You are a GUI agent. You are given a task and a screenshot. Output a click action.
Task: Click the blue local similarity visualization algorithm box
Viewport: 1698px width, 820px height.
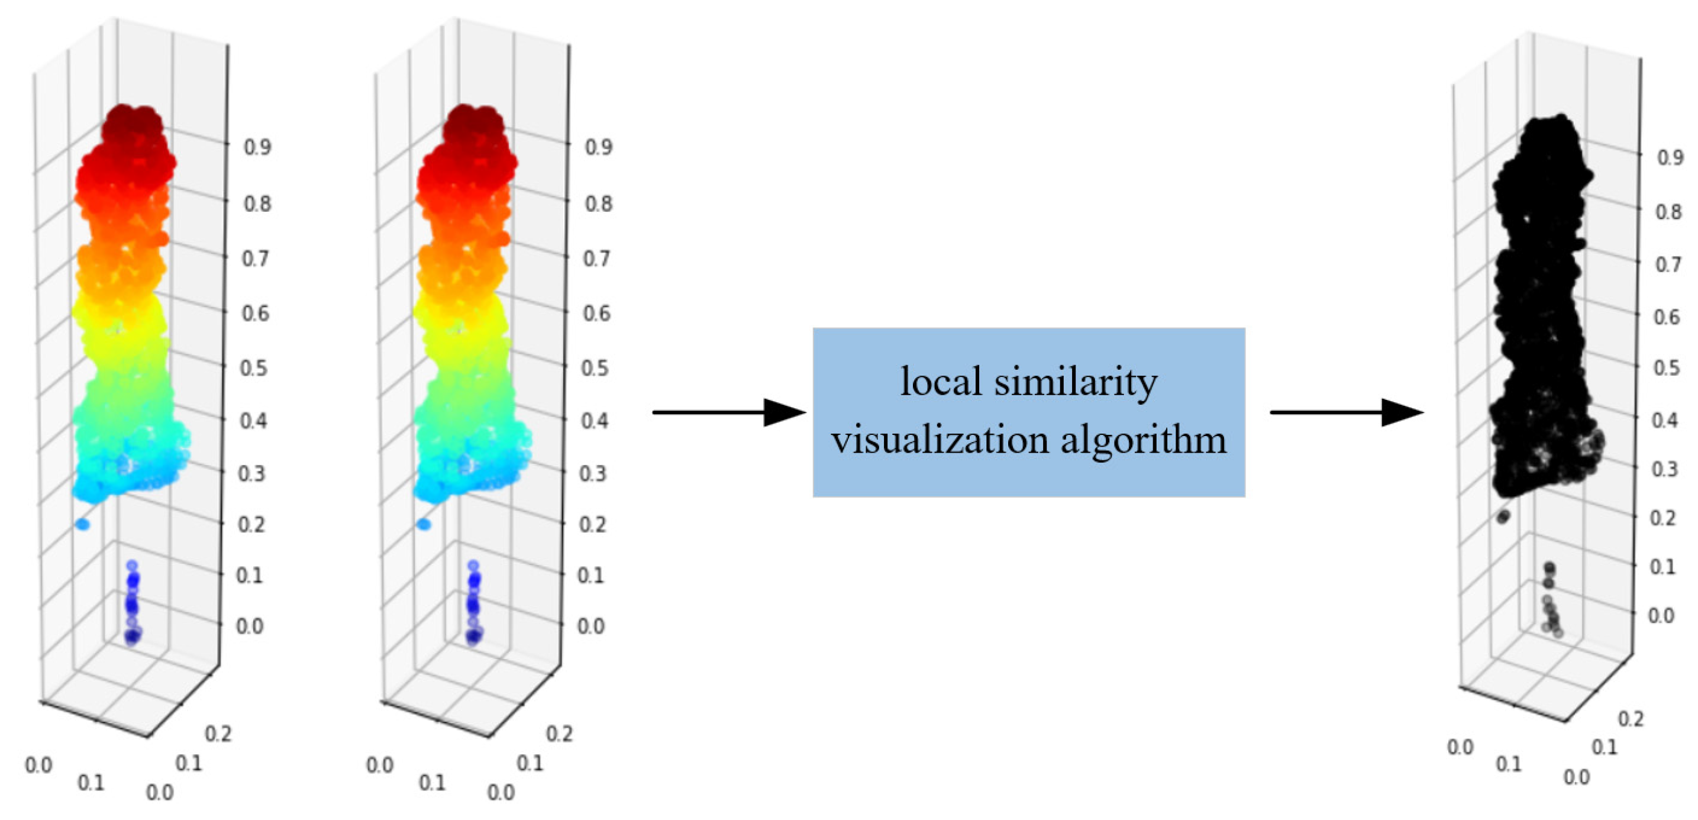click(1028, 412)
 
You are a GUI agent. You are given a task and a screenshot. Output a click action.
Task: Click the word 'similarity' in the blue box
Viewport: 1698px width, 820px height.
click(1075, 382)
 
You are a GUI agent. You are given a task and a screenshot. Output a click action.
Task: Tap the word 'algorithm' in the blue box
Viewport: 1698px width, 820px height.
click(1144, 440)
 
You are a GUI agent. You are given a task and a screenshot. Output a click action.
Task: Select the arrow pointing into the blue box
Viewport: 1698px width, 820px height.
click(728, 412)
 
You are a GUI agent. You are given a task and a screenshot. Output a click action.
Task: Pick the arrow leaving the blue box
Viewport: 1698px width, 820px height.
click(1346, 412)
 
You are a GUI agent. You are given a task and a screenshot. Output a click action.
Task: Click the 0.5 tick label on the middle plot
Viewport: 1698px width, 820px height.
click(595, 367)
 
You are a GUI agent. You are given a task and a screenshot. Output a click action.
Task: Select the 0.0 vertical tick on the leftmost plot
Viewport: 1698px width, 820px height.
click(250, 625)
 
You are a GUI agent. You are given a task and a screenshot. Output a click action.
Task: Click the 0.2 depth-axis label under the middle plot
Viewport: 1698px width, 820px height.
click(559, 733)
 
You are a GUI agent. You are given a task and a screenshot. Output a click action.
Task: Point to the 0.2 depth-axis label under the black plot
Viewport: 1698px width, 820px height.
click(1631, 718)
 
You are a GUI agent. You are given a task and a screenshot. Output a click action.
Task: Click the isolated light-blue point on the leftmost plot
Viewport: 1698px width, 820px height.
click(82, 524)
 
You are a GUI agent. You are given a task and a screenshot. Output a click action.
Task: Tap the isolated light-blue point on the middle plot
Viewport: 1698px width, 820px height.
click(424, 524)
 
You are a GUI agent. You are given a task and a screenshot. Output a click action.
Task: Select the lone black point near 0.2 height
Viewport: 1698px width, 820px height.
click(1503, 516)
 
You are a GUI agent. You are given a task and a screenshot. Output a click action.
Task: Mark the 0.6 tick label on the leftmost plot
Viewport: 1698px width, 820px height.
click(255, 312)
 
